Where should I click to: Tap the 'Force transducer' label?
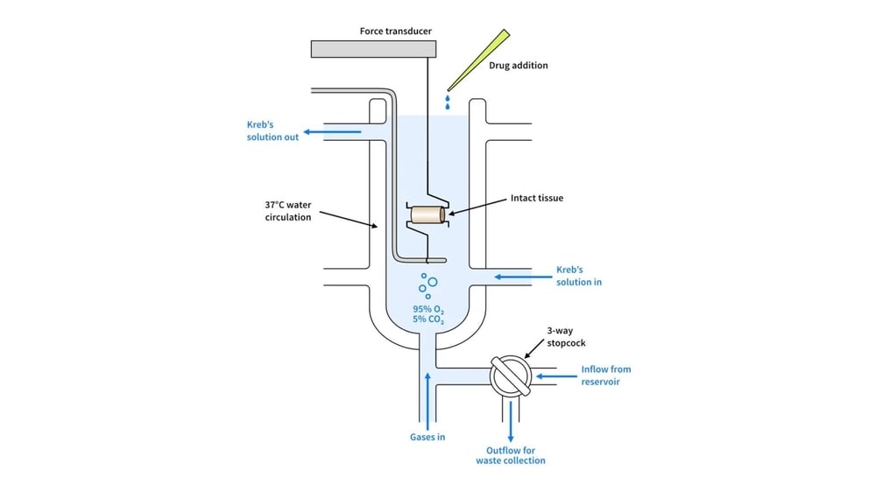(395, 32)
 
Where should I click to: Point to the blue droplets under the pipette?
(448, 103)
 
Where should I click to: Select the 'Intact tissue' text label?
(537, 199)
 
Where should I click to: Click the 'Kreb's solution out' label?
(272, 131)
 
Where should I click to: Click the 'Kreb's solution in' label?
(579, 276)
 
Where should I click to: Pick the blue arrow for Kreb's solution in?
(521, 277)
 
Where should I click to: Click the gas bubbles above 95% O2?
(427, 285)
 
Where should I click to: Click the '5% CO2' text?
(428, 321)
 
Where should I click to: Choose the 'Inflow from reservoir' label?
(605, 376)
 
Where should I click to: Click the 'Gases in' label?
(427, 437)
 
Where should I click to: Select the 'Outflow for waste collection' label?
(511, 455)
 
